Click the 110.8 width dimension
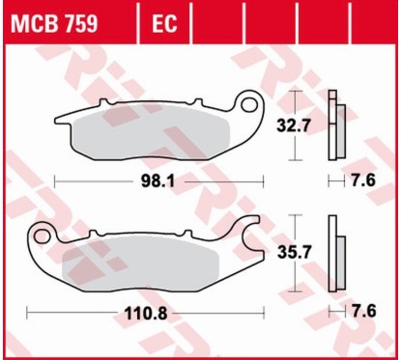click(145, 313)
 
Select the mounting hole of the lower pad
click(43, 235)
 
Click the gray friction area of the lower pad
click(145, 264)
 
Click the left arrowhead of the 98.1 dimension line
click(56, 180)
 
